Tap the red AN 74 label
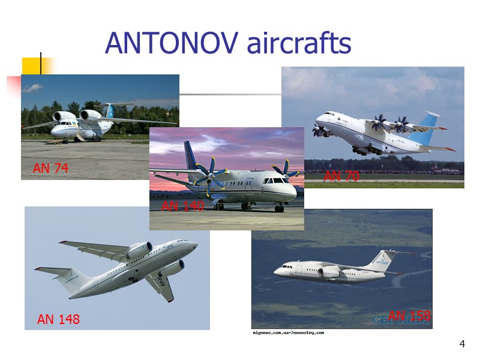tap(50, 169)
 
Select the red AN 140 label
tap(183, 206)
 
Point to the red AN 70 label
tap(341, 176)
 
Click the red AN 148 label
tap(58, 319)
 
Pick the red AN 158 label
tap(409, 316)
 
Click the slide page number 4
tap(461, 344)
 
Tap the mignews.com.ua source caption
tap(288, 332)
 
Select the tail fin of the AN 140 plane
tap(191, 155)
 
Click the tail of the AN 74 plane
tap(110, 110)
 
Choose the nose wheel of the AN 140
tap(279, 208)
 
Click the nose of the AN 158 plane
tap(276, 272)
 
